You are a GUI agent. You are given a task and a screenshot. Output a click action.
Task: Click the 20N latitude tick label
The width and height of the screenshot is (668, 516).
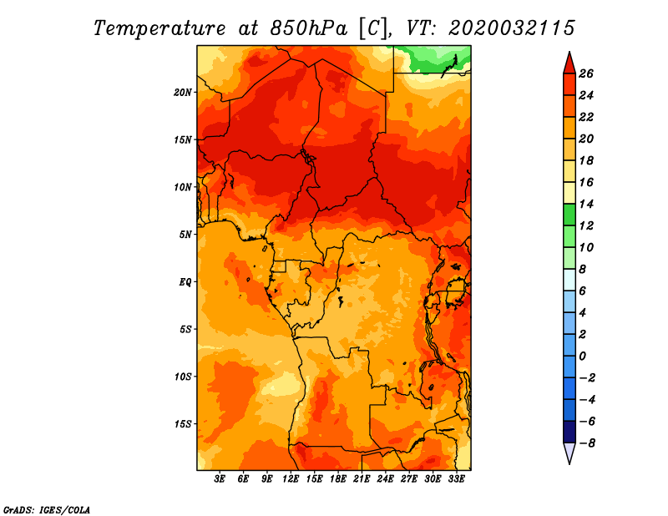click(183, 92)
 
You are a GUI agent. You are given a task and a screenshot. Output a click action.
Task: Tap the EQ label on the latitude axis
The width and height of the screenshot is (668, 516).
click(185, 282)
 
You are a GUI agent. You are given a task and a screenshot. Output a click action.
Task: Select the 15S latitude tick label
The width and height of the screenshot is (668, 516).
click(183, 424)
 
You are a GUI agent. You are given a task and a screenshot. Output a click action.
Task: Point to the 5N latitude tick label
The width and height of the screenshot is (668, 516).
click(185, 235)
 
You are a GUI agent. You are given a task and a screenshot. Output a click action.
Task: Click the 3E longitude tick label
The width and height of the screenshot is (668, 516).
click(220, 478)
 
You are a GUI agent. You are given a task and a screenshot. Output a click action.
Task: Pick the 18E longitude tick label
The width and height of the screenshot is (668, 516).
click(337, 478)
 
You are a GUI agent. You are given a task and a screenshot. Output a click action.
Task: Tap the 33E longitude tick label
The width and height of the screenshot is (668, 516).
click(456, 478)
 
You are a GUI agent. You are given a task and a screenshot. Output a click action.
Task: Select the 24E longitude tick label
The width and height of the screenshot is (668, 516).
click(385, 478)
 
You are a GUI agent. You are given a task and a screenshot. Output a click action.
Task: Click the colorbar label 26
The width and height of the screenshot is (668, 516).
click(586, 73)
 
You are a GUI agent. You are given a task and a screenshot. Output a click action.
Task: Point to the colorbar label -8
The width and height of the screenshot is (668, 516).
click(587, 443)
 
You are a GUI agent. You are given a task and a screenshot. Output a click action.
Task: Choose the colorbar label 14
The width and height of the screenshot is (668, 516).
click(586, 204)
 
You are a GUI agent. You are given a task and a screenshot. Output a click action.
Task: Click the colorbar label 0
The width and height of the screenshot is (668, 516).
click(582, 357)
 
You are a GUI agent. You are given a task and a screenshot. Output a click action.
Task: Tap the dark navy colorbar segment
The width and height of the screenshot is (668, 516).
click(569, 432)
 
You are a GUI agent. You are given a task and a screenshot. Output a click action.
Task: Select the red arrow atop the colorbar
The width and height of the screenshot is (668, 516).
click(569, 63)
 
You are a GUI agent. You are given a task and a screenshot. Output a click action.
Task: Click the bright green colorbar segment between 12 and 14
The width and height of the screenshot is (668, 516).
click(569, 215)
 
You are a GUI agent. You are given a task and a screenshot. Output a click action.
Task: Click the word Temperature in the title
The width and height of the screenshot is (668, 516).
click(159, 28)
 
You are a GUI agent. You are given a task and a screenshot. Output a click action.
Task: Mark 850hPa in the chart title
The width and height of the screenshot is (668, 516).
click(308, 28)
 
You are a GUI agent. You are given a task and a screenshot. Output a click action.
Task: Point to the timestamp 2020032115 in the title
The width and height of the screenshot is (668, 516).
click(512, 28)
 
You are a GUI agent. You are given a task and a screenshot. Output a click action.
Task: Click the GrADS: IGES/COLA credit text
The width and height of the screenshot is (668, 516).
click(47, 509)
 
